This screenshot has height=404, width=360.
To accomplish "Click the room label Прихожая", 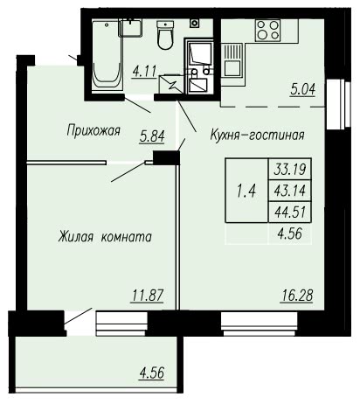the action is click(x=93, y=130).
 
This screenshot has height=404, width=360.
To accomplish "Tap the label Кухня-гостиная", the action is click(x=257, y=136).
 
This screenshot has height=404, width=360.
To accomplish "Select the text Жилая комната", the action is click(x=105, y=237).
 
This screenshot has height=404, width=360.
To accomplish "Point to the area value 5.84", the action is click(x=152, y=136).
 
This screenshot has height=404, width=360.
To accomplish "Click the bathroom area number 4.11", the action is click(x=144, y=71).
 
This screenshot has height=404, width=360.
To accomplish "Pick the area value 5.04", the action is click(x=303, y=89).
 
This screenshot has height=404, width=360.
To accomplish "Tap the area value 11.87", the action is click(x=147, y=296).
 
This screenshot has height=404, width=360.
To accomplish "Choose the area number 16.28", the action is click(x=297, y=296).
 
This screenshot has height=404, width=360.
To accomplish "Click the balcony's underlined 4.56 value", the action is click(x=152, y=373).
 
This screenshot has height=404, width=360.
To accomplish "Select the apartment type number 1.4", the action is click(x=246, y=192).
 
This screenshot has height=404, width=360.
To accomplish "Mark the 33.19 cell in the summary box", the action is click(x=289, y=169).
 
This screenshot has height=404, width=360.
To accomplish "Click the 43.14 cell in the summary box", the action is click(x=289, y=191).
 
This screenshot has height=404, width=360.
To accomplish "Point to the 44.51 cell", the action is click(x=289, y=212).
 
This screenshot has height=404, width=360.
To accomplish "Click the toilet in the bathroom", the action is click(x=165, y=34).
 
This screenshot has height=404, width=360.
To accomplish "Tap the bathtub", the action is click(x=107, y=55).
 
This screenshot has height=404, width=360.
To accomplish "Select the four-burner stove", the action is click(x=268, y=31).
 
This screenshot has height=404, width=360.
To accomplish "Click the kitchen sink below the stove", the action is click(x=232, y=60).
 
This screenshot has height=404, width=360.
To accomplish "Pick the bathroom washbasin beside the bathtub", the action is click(x=131, y=28).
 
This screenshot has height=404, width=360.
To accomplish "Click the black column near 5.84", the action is click(x=165, y=157).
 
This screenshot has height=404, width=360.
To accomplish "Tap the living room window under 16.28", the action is click(x=260, y=324).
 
